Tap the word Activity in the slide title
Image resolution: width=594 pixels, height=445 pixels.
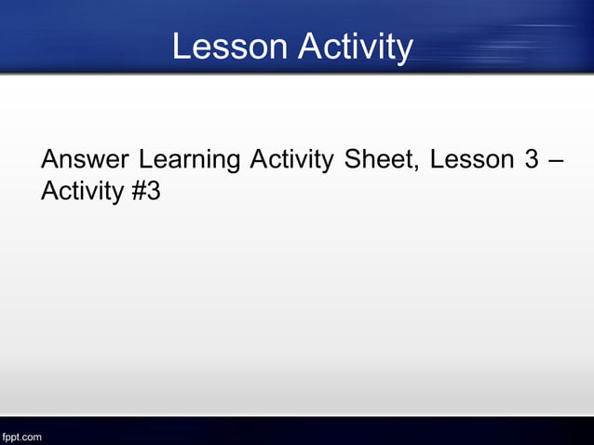tap(356, 47)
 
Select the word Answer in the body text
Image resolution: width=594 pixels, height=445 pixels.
tap(84, 160)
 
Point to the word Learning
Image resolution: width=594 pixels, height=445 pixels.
tap(190, 160)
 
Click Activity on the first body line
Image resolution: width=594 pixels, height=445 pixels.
tap(291, 160)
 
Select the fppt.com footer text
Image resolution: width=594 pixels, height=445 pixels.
tap(20, 436)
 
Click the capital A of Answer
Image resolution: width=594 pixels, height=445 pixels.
tap(50, 160)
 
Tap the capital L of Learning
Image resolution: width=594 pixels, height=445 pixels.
tap(145, 160)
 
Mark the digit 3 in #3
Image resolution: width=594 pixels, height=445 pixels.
tap(153, 193)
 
